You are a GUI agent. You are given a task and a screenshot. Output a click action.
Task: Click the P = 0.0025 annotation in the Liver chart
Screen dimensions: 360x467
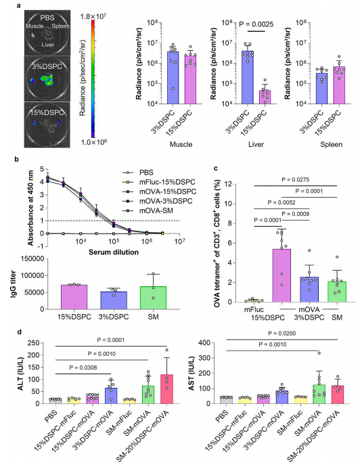pos(256,24)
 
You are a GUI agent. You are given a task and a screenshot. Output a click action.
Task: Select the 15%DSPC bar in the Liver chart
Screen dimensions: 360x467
pos(265,97)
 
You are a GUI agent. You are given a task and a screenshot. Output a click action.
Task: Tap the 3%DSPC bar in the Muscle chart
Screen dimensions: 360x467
pos(173,78)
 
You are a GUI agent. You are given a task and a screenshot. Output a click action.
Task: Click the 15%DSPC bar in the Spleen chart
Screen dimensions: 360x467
pos(339,85)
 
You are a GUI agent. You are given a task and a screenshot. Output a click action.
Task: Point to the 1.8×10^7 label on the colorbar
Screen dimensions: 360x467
pos(93,16)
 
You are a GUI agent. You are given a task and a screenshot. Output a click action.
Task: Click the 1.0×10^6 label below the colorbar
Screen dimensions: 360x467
pos(93,142)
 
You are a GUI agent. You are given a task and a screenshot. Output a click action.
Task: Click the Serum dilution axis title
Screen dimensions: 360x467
pos(114,252)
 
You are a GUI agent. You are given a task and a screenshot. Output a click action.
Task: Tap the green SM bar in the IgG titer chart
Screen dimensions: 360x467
pos(153,298)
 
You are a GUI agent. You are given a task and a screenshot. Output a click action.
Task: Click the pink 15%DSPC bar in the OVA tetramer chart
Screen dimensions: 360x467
pos(282,275)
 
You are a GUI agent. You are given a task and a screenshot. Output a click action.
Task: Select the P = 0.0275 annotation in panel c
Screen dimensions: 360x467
pos(296,179)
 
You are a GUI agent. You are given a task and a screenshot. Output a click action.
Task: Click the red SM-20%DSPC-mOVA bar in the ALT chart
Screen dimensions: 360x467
pos(166,389)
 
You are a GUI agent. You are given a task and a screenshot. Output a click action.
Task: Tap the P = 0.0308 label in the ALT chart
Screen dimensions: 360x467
pos(83,368)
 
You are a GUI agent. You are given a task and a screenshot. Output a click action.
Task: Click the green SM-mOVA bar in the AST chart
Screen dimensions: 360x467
pos(319,394)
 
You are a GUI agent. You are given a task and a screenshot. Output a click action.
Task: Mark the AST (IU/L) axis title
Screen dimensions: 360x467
pos(192,374)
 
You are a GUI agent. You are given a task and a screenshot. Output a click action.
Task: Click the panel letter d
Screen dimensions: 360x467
pos(19,332)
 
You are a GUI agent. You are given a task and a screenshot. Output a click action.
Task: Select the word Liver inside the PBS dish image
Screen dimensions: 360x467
pos(47,45)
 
